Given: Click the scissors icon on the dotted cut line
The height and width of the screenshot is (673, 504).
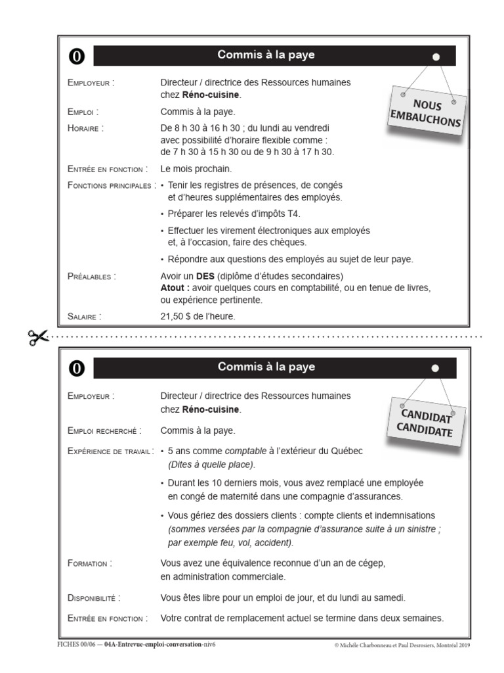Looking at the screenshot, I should [38, 336].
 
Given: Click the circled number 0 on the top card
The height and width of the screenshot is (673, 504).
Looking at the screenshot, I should [77, 57].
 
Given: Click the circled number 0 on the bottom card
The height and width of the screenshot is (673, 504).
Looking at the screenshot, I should [77, 369].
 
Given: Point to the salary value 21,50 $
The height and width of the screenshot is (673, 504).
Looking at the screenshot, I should [177, 317].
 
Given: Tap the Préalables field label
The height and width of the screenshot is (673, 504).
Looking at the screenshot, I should [91, 276].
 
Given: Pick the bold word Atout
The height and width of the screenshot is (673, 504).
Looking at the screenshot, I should [175, 288].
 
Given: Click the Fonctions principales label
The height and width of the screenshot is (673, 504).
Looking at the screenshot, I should [111, 185].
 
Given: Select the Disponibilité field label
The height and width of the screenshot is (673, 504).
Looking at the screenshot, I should [94, 598].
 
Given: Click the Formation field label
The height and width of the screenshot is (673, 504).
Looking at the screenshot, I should [89, 563].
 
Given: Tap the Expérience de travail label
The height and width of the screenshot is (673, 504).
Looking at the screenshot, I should [110, 452].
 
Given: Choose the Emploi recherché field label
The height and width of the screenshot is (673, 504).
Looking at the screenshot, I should [104, 431].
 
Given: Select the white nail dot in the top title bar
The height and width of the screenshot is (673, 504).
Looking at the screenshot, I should [436, 58].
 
